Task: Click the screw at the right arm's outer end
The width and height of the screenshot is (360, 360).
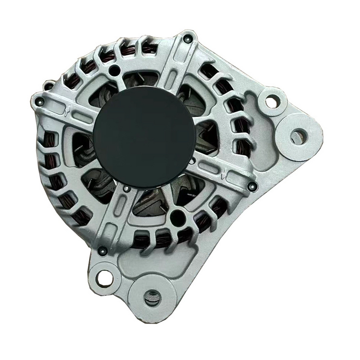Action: [252, 185]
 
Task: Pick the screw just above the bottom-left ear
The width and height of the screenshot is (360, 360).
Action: [103, 251]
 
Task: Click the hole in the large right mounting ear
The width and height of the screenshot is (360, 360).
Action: [297, 135]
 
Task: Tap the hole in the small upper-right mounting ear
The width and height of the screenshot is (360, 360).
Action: [271, 102]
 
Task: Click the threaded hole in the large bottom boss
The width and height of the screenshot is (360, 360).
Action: [152, 297]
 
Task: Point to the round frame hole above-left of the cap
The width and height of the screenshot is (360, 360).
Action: [115, 70]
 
